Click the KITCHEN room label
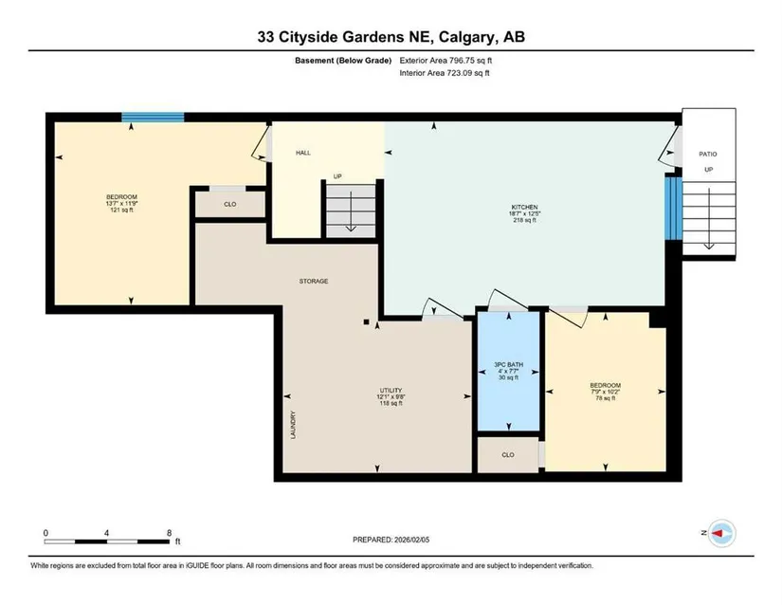524,207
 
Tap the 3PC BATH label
508,364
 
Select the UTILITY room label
391,391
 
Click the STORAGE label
314,282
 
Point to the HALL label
303,153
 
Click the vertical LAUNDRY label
293,425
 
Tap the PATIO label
708,155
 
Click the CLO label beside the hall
230,205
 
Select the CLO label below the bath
508,455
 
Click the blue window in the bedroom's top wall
154,118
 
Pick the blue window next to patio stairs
673,208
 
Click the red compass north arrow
718,533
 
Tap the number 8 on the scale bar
170,533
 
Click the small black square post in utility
366,322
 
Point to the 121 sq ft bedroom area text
121,210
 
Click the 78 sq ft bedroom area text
606,398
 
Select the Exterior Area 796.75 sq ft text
446,61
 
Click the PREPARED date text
391,540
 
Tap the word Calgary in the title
467,37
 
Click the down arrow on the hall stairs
351,211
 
